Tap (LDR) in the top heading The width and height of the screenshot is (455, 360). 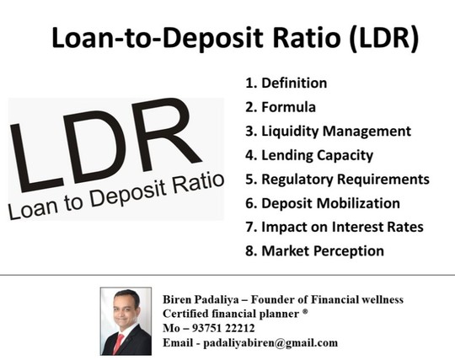tap(384, 39)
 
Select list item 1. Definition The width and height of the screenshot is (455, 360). tap(286, 83)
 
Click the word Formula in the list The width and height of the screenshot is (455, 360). tap(289, 107)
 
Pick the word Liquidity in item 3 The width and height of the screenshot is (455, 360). tap(290, 132)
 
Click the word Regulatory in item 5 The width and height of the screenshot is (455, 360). tap(297, 180)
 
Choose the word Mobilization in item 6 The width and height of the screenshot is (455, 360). tap(358, 203)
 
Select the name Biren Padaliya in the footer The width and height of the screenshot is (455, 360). tap(201, 299)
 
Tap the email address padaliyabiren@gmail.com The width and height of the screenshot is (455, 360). tap(270, 343)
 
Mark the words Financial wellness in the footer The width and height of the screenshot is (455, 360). tap(357, 299)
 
